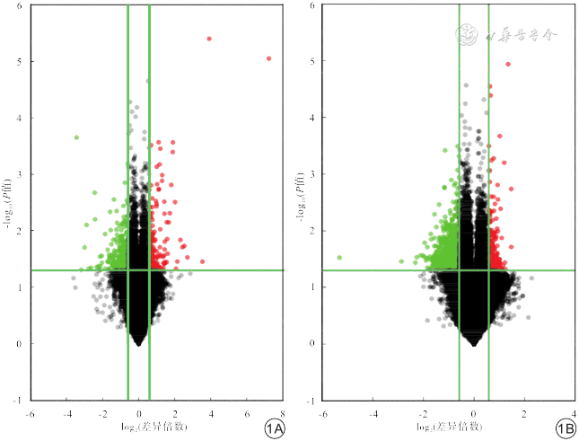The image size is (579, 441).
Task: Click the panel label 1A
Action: pyautogui.click(x=275, y=430)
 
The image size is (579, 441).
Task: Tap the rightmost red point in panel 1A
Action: pyautogui.click(x=268, y=58)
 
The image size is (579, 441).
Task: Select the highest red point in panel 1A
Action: pyautogui.click(x=209, y=39)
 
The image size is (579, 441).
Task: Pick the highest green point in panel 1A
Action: pyautogui.click(x=76, y=137)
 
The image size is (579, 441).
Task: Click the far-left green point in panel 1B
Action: pyautogui.click(x=339, y=257)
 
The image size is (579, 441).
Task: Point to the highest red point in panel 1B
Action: pyautogui.click(x=508, y=64)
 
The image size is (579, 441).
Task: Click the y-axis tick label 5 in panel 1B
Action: pyautogui.click(x=311, y=61)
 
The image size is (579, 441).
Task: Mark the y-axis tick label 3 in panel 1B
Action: pyautogui.click(x=311, y=174)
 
